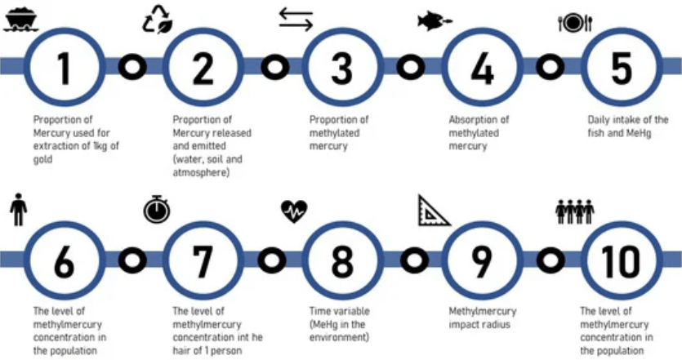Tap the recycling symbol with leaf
[x=158, y=19]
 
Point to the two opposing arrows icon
[x=296, y=20]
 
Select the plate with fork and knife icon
[x=576, y=23]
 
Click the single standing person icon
[x=18, y=209]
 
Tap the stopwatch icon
[x=157, y=209]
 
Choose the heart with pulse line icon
[x=294, y=211]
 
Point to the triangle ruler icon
[x=434, y=211]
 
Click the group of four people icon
[x=574, y=211]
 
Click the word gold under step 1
[x=43, y=159]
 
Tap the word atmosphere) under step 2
[x=201, y=172]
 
